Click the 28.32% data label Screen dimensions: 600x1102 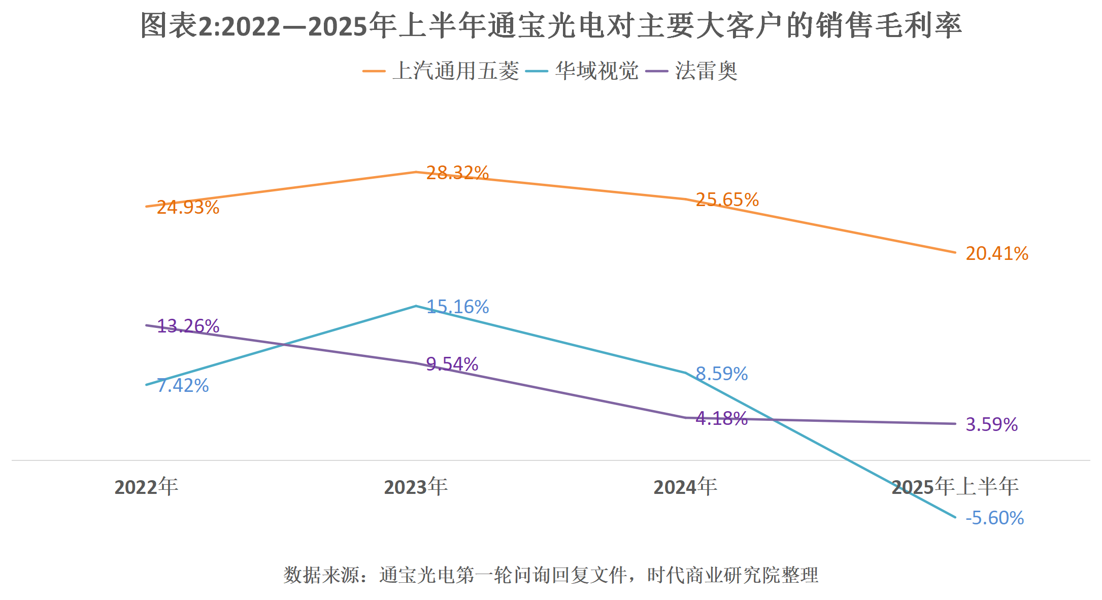coord(457,173)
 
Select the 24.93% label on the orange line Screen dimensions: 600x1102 coord(188,208)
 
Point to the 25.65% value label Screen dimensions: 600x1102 coord(727,200)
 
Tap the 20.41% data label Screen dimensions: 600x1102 coord(996,253)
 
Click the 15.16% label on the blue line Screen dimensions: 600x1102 coord(457,307)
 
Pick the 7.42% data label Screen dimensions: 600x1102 coord(183,386)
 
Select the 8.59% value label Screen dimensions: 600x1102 coord(721,374)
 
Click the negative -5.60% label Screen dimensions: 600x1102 coord(994,518)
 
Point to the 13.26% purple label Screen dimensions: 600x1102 coord(188,326)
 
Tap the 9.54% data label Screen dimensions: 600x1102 coord(452,364)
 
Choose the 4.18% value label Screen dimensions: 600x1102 coord(721,419)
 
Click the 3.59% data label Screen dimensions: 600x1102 coord(991,424)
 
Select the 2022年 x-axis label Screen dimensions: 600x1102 coord(146,487)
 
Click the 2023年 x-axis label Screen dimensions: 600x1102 coord(416,487)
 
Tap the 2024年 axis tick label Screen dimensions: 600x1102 coord(685,487)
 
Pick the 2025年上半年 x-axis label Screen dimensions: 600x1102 coord(955,487)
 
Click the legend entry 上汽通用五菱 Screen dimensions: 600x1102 coord(455,71)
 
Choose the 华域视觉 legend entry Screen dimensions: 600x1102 coord(596,71)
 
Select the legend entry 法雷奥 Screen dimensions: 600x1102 coord(706,71)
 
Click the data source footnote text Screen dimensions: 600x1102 coord(551,575)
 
